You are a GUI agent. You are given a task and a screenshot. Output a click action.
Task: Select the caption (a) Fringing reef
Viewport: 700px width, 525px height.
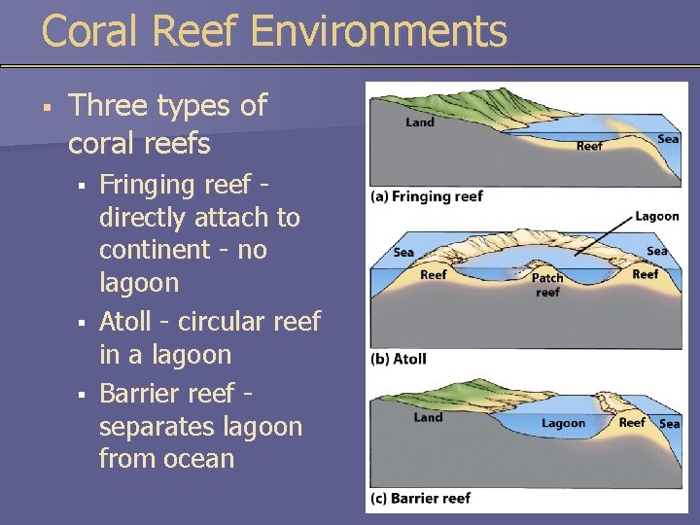[x=427, y=196]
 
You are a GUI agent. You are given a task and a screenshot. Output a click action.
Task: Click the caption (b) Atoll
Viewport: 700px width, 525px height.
[x=399, y=359]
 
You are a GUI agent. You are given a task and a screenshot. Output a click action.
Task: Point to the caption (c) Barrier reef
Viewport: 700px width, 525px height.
[x=420, y=498]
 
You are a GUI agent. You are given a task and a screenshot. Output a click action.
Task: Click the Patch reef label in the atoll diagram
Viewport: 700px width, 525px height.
[x=547, y=285]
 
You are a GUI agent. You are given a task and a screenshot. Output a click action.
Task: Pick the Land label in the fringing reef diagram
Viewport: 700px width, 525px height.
[x=420, y=122]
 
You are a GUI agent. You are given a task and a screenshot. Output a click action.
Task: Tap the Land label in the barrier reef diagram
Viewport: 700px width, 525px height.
[x=428, y=417]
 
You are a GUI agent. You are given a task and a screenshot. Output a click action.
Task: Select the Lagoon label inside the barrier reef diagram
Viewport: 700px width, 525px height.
[x=563, y=423]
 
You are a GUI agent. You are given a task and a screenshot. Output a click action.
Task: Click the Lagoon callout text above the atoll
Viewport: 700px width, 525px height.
[x=657, y=216]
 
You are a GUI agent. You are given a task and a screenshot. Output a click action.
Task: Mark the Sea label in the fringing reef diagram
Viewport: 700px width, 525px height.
[x=668, y=139]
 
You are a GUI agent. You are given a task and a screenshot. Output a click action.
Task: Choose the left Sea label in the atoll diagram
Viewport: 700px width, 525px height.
[x=403, y=253]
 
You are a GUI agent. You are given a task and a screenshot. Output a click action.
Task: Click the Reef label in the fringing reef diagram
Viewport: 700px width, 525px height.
[x=589, y=146]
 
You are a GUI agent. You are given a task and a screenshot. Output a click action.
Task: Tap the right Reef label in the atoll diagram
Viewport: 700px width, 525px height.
[x=645, y=275]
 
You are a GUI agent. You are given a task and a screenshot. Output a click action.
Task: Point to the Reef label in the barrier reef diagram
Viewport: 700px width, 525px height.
[x=632, y=422]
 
